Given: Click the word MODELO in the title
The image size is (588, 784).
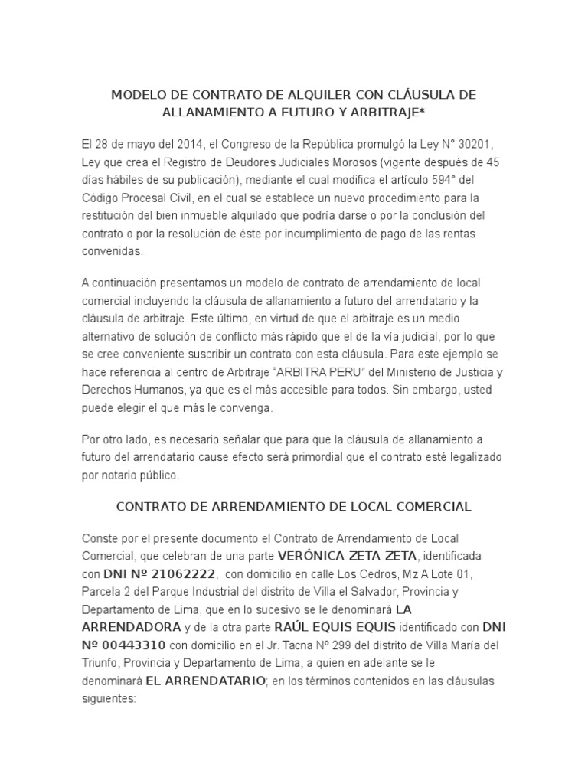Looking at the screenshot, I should (x=138, y=95).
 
